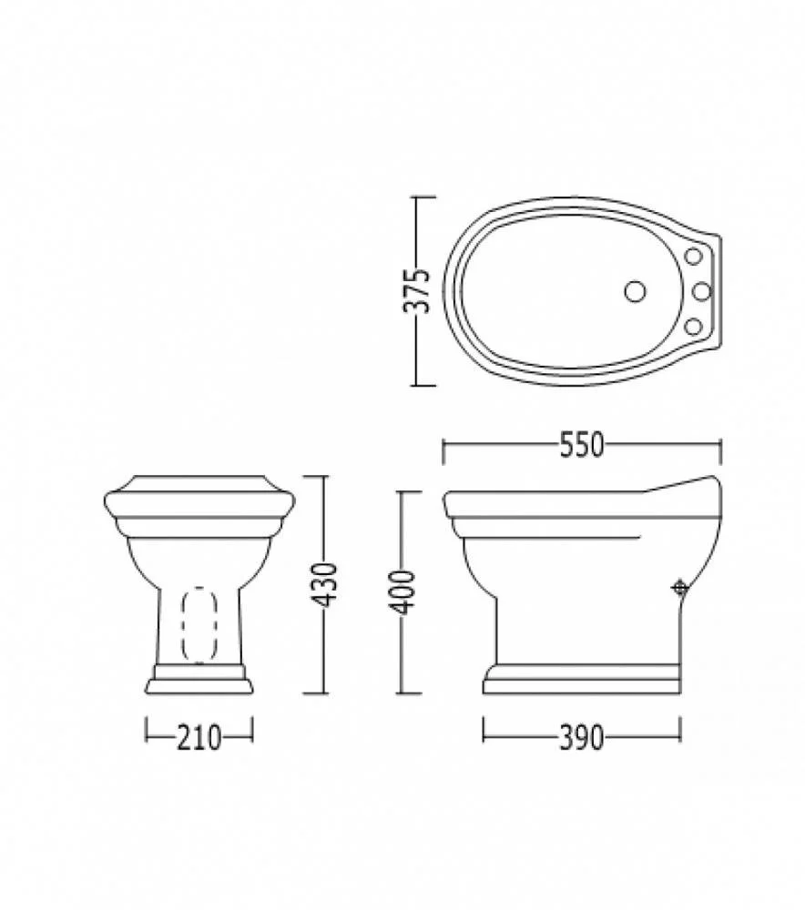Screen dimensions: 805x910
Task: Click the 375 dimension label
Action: [x=416, y=291]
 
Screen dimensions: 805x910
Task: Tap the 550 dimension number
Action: [x=582, y=446]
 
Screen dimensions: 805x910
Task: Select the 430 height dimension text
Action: [x=325, y=585]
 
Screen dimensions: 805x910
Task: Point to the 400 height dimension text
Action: [x=402, y=592]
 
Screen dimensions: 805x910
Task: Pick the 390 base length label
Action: [x=582, y=738]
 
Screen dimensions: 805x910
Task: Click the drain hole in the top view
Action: [x=636, y=291]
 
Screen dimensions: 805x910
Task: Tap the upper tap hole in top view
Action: [x=694, y=256]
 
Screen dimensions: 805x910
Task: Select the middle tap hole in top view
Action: [x=701, y=291]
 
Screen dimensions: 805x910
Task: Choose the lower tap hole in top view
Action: [x=694, y=327]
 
